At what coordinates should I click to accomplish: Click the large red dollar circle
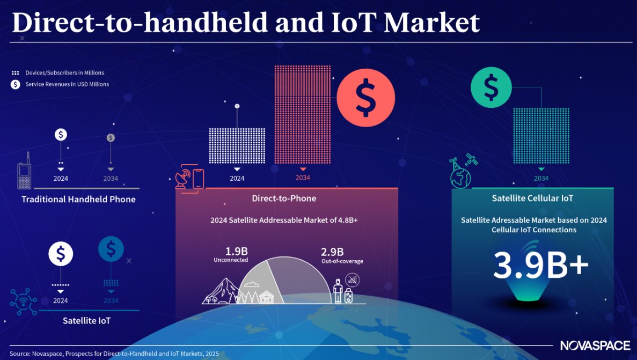365,98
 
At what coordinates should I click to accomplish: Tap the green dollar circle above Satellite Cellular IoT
491,87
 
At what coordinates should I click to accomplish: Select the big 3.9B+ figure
540,266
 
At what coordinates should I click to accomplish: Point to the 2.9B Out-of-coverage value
332,252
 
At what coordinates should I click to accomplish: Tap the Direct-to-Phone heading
284,199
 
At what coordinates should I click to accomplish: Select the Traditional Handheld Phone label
78,200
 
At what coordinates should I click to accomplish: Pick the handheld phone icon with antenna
23,173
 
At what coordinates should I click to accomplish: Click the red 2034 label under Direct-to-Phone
303,178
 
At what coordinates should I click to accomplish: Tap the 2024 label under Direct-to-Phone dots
237,179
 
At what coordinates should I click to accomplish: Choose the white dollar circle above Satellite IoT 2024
61,254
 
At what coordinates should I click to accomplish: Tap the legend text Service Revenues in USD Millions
67,84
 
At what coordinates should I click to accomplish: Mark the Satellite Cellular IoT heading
532,199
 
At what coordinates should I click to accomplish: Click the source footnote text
114,354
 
